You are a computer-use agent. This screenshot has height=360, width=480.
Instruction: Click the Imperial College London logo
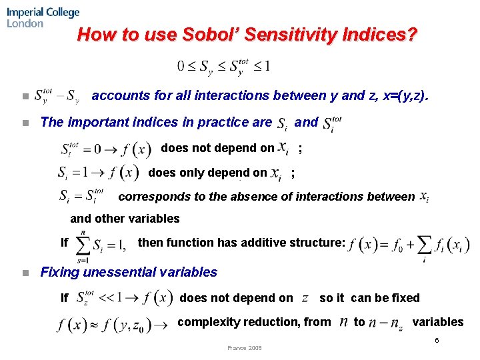(43, 17)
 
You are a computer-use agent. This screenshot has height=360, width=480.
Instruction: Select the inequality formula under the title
(223, 67)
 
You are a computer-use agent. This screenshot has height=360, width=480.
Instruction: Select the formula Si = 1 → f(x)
(99, 173)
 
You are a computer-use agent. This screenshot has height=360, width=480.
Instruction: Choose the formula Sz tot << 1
(124, 298)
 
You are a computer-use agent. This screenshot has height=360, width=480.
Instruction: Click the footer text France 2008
(245, 347)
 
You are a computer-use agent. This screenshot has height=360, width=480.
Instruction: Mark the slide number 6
(437, 341)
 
